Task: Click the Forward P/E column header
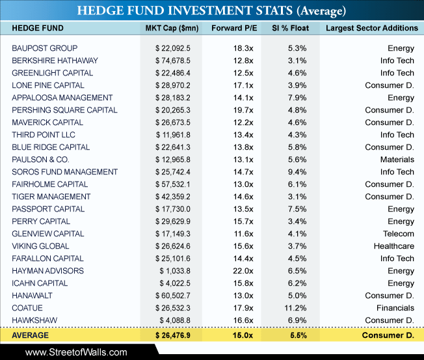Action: [234, 28]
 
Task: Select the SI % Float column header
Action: [291, 28]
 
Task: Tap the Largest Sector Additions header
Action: [372, 28]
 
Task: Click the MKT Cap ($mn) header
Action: [172, 29]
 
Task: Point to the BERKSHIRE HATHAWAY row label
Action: [55, 61]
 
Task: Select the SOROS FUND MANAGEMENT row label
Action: [64, 172]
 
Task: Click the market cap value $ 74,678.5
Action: [173, 61]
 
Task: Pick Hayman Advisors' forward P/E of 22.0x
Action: [243, 271]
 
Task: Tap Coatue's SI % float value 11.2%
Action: [295, 308]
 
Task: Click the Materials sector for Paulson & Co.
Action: [397, 159]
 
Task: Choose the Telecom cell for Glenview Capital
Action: [399, 234]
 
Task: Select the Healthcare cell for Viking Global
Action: [394, 246]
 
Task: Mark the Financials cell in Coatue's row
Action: [395, 308]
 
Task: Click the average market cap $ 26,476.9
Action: [173, 335]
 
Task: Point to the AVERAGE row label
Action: [31, 335]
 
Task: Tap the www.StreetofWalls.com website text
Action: [76, 352]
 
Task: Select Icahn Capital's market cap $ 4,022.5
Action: [175, 283]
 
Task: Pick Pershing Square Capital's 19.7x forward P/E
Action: [243, 110]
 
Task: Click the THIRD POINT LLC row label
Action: [44, 135]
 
